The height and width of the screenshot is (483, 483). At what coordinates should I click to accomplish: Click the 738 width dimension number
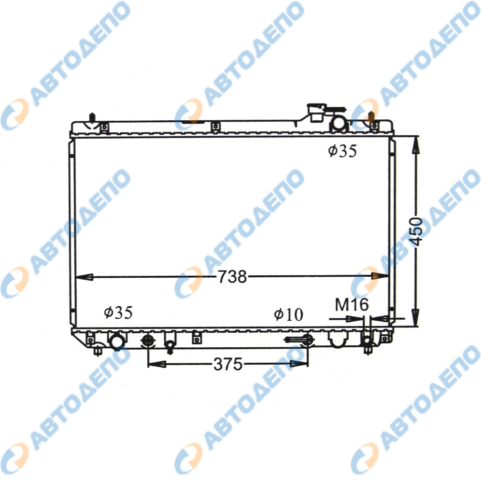(233, 276)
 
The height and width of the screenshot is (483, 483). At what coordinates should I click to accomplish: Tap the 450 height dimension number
(416, 231)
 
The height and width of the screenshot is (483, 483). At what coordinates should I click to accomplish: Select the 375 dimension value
(228, 364)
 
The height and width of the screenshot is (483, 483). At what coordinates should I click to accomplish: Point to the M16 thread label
(352, 305)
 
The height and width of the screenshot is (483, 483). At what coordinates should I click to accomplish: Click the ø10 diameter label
(289, 314)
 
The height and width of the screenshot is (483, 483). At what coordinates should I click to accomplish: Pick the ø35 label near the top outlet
(342, 151)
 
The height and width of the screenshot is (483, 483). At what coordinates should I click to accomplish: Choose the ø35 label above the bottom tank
(118, 313)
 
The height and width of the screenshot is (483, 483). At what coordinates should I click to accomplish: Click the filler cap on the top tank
(317, 113)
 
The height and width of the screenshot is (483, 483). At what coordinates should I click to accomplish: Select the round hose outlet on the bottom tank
(117, 342)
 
